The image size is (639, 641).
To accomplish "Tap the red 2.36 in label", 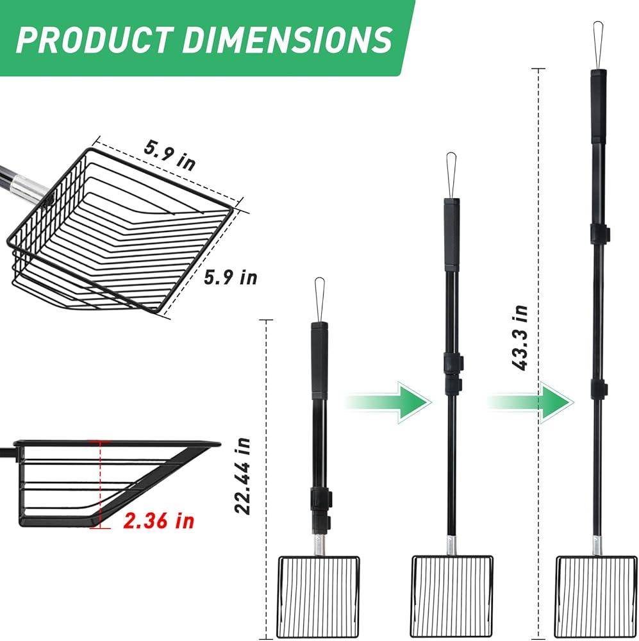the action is point(158,520).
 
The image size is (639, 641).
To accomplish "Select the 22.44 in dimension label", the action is point(242,476).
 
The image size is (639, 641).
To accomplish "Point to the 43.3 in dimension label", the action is point(520,338).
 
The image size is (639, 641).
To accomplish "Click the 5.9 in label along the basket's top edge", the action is point(170,155).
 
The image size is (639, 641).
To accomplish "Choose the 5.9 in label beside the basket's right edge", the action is point(231,277).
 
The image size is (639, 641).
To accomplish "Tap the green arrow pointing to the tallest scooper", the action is point(530,403).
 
